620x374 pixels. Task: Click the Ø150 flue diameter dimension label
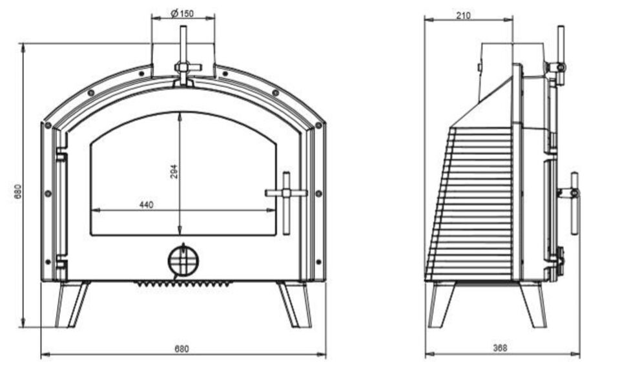[182, 14]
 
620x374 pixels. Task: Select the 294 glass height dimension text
[174, 172]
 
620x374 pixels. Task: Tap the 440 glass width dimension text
[147, 205]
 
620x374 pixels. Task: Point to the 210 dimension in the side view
[464, 16]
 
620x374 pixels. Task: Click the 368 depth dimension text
[500, 348]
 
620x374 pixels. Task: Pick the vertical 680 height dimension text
[18, 191]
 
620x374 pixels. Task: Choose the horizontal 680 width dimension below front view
[182, 349]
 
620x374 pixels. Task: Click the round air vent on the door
[183, 260]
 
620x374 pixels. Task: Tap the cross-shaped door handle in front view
[286, 193]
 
